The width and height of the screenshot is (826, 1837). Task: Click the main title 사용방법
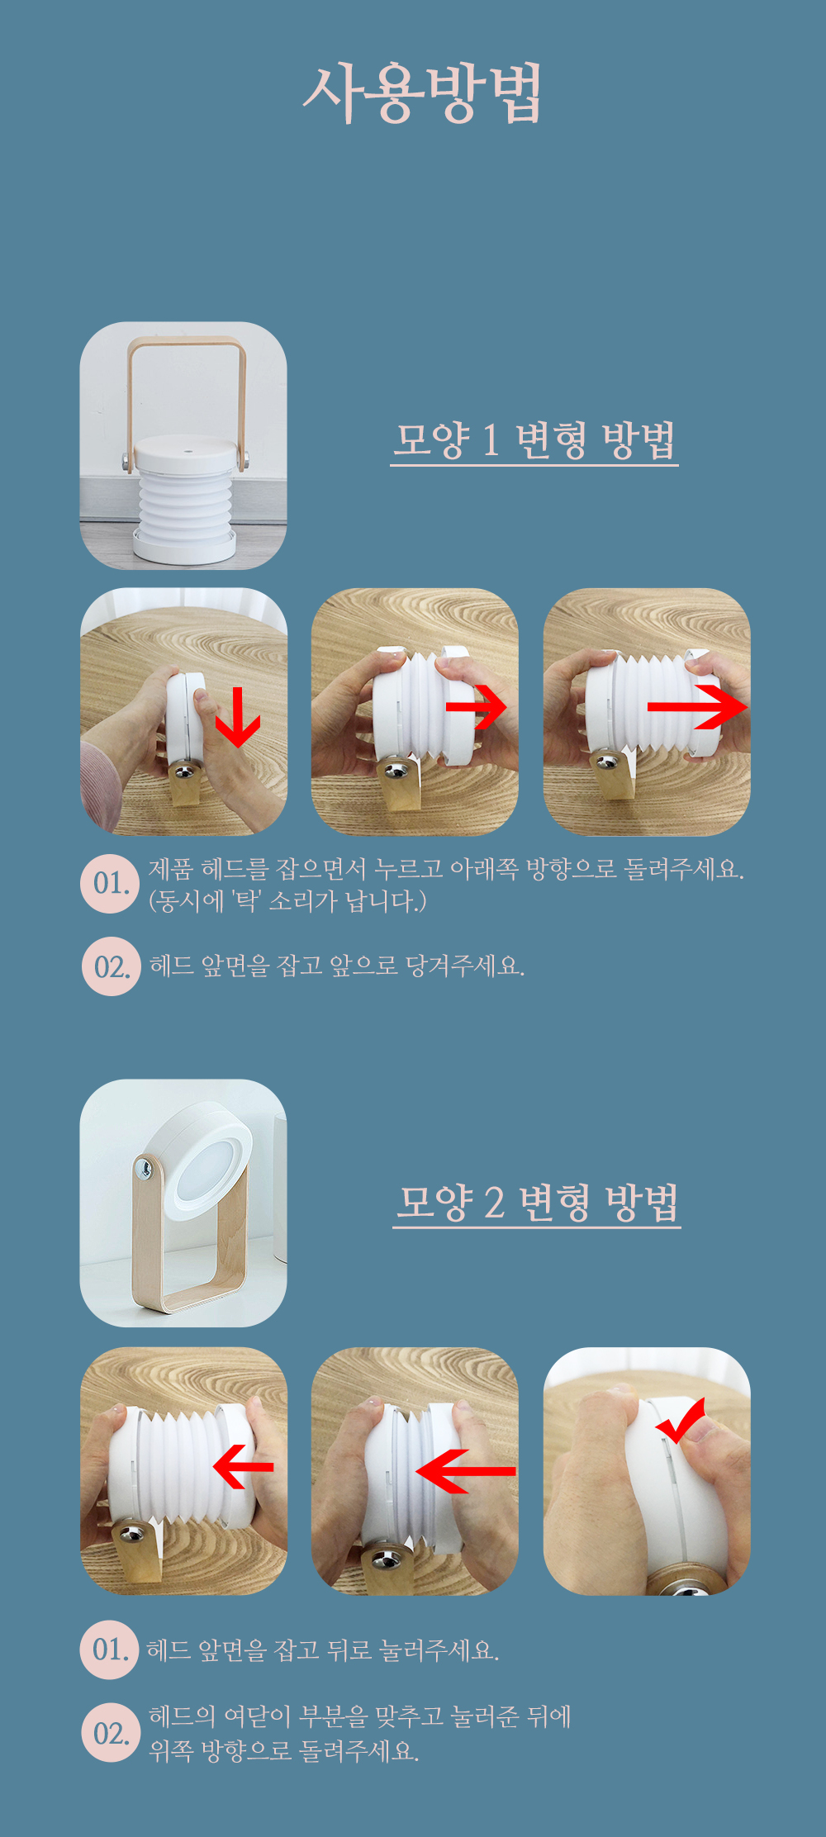[x=422, y=93]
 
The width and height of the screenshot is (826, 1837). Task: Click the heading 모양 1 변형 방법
[x=534, y=440]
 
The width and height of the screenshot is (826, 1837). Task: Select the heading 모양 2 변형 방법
[x=537, y=1202]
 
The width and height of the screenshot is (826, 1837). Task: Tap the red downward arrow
[x=238, y=718]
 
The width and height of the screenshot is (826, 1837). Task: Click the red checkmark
[x=681, y=1420]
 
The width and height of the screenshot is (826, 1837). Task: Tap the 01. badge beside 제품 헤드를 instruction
[x=110, y=883]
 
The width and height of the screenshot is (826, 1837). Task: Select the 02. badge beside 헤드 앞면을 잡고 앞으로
[x=112, y=966]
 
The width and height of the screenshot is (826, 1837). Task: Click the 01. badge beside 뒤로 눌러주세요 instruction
[x=110, y=1650]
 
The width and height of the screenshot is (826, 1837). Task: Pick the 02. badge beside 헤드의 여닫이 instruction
[x=111, y=1733]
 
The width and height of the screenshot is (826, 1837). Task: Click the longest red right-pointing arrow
[x=698, y=707]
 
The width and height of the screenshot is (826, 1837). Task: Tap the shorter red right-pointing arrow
[x=477, y=707]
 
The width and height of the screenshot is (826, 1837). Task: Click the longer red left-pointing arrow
[x=466, y=1470]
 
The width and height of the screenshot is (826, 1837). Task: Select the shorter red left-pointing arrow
[x=243, y=1466]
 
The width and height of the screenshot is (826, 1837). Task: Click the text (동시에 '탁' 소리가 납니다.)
[x=287, y=900]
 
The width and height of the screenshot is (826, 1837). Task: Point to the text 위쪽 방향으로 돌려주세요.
[x=284, y=1749]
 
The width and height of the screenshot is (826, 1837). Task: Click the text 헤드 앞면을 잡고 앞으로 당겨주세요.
[x=337, y=966]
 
